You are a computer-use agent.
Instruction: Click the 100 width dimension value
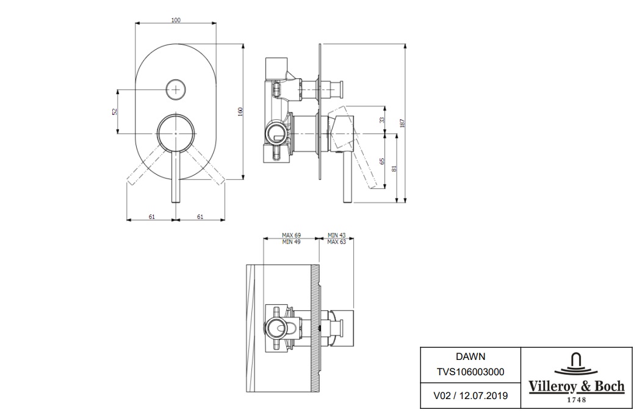pos(176,20)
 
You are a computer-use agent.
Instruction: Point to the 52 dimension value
pos(114,111)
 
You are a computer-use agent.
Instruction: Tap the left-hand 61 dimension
pos(151,216)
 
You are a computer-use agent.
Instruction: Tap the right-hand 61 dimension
pos(200,216)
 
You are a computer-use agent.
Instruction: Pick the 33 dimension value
pos(382,120)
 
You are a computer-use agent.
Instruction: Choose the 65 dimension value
pos(382,161)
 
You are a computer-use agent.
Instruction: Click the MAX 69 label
pos(291,235)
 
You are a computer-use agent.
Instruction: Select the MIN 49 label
pos(291,242)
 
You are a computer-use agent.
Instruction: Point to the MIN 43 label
pos(336,235)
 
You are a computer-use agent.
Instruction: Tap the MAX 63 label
pos(336,242)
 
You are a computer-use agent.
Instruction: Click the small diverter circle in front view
pos(176,89)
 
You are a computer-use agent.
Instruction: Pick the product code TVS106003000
pos(470,371)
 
